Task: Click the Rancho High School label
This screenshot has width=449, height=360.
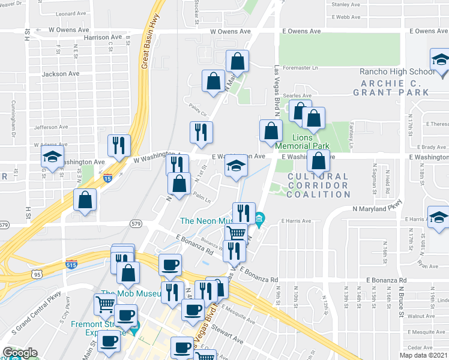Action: point(396,72)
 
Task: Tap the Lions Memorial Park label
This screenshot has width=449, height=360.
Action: point(303,145)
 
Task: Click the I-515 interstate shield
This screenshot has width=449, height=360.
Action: point(71,263)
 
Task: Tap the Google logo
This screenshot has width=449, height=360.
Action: point(20,353)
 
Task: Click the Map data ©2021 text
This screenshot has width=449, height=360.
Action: point(424,355)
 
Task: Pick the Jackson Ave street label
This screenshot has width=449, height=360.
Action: point(61,74)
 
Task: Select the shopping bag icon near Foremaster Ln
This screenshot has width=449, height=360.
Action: point(237,62)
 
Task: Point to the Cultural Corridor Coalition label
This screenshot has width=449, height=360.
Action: point(318,185)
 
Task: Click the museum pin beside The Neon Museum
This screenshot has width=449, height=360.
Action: point(259,218)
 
